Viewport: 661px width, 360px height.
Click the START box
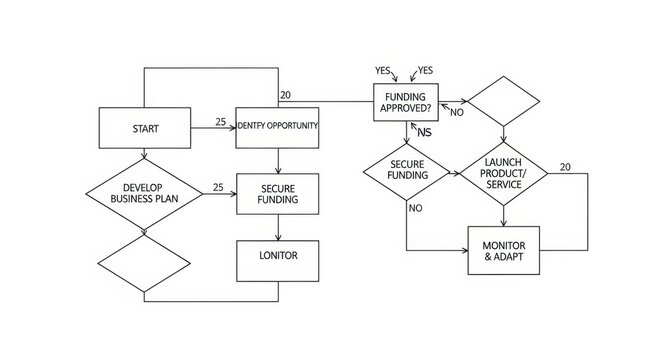click(144, 128)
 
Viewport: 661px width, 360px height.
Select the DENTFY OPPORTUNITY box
click(277, 127)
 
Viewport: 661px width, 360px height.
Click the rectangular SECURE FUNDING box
click(277, 193)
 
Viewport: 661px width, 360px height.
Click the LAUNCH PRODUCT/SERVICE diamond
click(502, 173)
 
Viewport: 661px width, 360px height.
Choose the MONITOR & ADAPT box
click(503, 250)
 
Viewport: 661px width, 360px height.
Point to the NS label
click(424, 132)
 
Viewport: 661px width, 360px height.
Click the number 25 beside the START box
click(221, 122)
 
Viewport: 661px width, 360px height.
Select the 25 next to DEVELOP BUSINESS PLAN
click(218, 187)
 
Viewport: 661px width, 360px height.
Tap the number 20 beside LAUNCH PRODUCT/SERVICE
click(567, 166)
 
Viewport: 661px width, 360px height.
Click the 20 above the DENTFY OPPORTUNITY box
click(286, 95)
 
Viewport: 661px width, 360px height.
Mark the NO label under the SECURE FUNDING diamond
click(415, 208)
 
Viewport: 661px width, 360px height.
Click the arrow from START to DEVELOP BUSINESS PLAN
click(144, 153)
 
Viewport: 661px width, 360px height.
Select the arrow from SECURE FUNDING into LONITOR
click(277, 225)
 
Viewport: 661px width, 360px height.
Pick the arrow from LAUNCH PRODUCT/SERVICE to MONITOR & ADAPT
click(502, 214)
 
